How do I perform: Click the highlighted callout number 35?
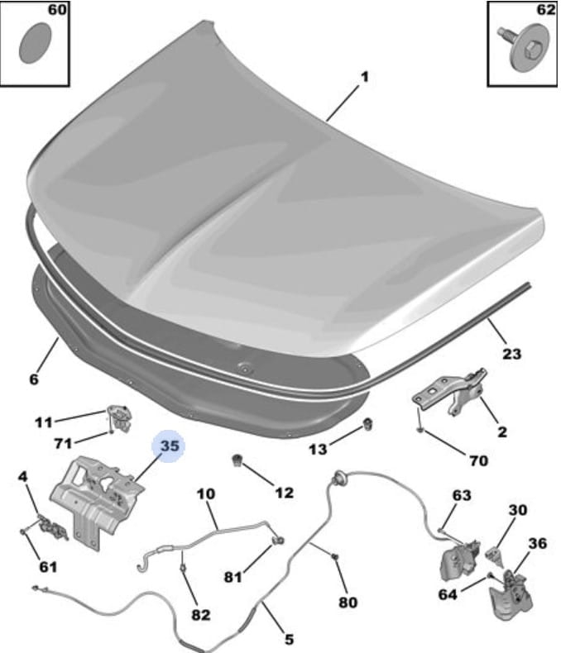170,446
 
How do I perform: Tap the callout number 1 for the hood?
364,77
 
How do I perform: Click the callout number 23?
511,354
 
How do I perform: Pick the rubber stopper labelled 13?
367,424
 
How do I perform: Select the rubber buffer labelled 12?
237,460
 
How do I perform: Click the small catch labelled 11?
120,417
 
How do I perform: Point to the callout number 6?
34,379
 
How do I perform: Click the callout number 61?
48,566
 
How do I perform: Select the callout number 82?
200,614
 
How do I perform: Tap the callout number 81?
233,577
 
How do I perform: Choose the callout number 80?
348,603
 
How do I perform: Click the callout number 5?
289,639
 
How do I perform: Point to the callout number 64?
448,594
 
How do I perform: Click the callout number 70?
478,460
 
